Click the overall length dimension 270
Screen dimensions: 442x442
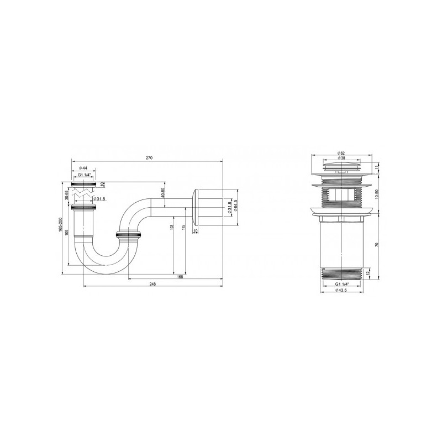click(x=149, y=159)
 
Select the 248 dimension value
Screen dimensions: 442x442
click(x=152, y=284)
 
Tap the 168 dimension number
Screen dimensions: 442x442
click(x=180, y=277)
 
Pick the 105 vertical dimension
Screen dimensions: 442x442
click(x=68, y=232)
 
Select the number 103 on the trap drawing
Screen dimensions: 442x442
click(x=172, y=227)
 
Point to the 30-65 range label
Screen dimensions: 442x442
click(x=66, y=195)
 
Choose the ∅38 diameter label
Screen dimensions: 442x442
click(x=343, y=158)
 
